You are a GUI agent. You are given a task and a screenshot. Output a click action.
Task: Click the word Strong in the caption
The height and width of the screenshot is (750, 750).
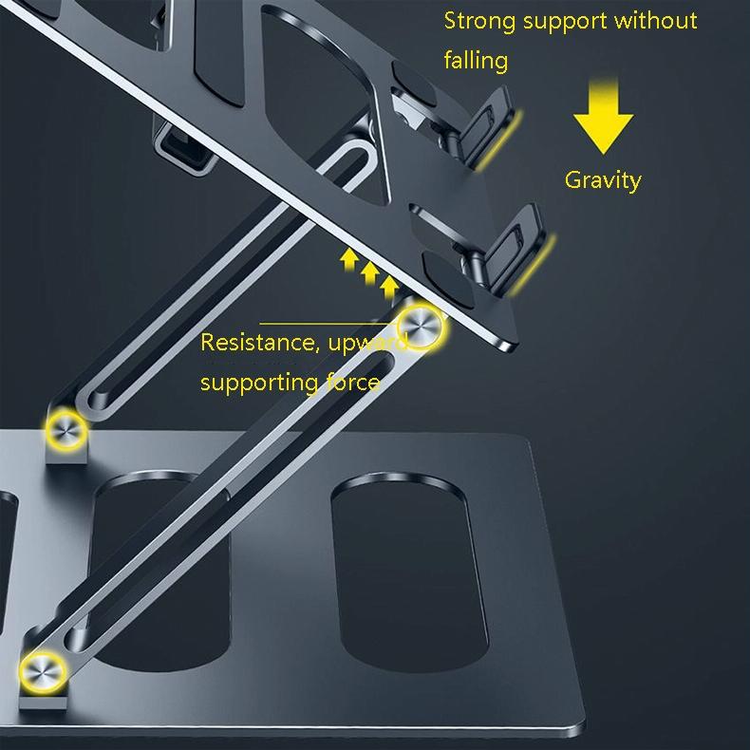coord(479,21)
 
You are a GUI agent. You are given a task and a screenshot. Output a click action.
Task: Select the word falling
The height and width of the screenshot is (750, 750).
coord(476,61)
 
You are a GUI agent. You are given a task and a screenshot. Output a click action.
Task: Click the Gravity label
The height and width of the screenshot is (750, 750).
coord(603,179)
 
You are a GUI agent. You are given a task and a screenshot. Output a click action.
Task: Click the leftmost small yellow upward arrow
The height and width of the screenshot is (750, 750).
coord(349,257)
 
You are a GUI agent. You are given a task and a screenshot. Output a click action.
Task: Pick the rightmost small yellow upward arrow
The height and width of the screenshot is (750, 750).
coord(388,285)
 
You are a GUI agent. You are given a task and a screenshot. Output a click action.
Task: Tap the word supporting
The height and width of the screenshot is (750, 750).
coord(259,384)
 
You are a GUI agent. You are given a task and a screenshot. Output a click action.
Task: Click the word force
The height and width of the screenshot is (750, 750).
coord(353,384)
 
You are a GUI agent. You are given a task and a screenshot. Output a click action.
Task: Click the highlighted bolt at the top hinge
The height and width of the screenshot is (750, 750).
coord(419,326)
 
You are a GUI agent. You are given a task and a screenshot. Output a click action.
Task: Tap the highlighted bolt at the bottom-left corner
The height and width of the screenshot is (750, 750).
coord(43,669)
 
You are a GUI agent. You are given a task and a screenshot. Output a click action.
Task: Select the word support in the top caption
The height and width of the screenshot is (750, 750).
coord(567,21)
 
